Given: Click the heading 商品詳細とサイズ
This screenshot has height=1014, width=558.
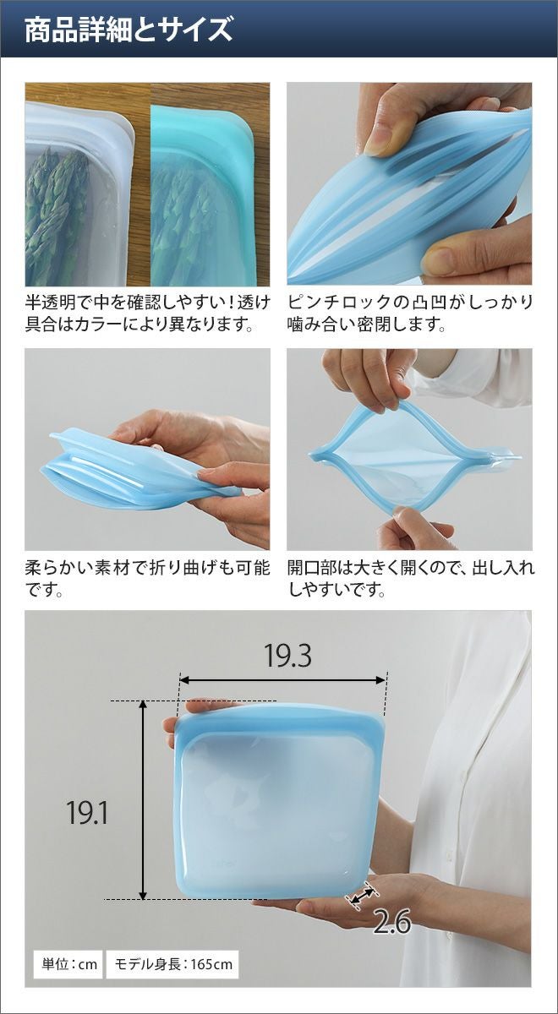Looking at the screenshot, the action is tap(129, 30).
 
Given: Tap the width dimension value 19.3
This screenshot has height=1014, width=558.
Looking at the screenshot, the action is tap(287, 656).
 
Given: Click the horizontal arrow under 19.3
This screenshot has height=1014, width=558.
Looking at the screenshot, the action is tap(283, 680).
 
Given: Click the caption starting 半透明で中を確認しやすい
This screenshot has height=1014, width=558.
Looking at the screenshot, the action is tap(148, 313).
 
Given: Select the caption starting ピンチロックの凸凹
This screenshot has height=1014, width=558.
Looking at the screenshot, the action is tap(410, 313).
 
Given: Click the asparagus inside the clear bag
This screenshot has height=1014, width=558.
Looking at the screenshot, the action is tap(57, 213).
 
